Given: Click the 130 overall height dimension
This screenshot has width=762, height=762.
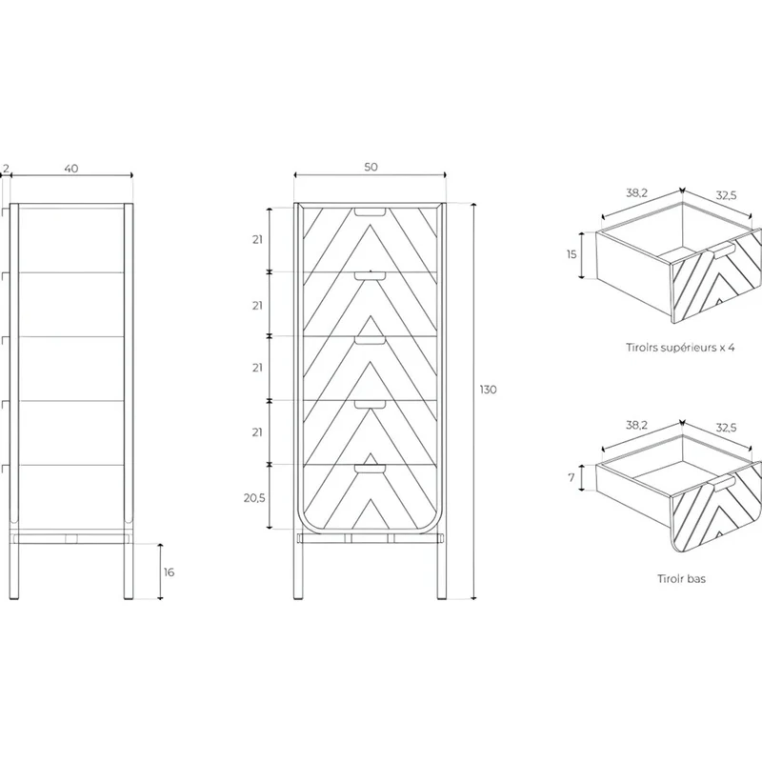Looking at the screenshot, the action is [488, 390].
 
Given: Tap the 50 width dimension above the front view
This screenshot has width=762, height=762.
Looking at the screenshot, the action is [371, 167].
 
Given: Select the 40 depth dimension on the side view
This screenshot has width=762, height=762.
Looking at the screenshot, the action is [70, 169].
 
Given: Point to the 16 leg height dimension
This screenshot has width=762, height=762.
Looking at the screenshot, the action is [169, 572].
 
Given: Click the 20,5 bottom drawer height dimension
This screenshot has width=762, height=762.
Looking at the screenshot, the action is [254, 497].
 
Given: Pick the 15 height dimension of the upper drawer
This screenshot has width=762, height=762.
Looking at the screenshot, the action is [571, 253].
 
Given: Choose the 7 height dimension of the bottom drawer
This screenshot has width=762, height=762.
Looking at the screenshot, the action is [571, 478].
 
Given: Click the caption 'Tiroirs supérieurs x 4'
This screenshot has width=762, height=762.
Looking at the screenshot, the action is [680, 348].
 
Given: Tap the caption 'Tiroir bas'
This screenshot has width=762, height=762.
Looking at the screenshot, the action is [681, 578].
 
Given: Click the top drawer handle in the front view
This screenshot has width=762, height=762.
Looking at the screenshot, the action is [370, 211].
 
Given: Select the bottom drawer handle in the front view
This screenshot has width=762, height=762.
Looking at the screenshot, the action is [370, 469].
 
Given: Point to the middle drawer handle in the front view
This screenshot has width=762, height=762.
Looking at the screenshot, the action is [370, 340].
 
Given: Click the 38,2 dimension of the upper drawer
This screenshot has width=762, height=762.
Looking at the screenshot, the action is [636, 193].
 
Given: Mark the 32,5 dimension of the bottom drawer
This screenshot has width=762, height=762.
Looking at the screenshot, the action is [726, 428].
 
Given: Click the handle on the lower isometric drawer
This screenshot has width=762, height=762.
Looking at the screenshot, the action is [722, 483].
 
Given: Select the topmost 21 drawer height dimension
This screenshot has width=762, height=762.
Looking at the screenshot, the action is [257, 240].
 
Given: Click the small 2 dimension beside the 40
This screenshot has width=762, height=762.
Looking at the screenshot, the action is [6, 169].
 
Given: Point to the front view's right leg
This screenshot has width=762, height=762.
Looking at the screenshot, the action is [441, 566].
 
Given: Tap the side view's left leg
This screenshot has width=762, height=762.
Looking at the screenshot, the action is [14, 566].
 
